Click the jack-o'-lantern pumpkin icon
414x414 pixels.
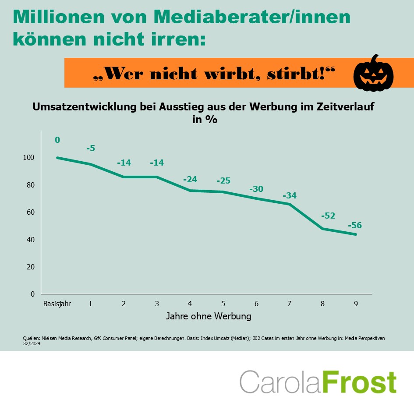click(373, 73)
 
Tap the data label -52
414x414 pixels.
click(328, 216)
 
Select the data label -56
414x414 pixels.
click(355, 226)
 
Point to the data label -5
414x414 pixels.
click(91, 148)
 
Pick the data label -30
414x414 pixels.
click(256, 189)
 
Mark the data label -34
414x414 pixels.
click(290, 195)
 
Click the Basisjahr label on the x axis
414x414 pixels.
click(57, 303)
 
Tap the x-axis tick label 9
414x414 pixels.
click(356, 303)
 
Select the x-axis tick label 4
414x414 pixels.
click(190, 303)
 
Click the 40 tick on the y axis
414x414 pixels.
click(31, 240)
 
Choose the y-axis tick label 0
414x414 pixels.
click(33, 294)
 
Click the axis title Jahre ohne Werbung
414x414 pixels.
click(209, 316)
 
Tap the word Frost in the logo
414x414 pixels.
click(360, 382)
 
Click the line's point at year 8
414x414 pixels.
click(323, 229)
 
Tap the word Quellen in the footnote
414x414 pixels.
click(31, 338)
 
